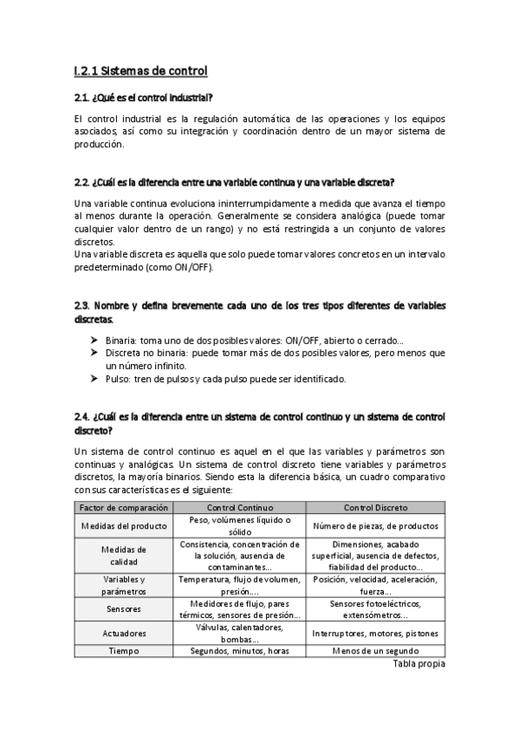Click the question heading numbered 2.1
[x=144, y=97]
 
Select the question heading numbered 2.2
[x=234, y=182]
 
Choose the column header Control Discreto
[x=376, y=508]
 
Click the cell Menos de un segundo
[x=376, y=651]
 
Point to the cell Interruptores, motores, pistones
[x=376, y=633]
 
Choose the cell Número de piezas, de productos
[x=376, y=526]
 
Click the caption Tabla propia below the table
[x=418, y=664]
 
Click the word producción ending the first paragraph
[x=101, y=145]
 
